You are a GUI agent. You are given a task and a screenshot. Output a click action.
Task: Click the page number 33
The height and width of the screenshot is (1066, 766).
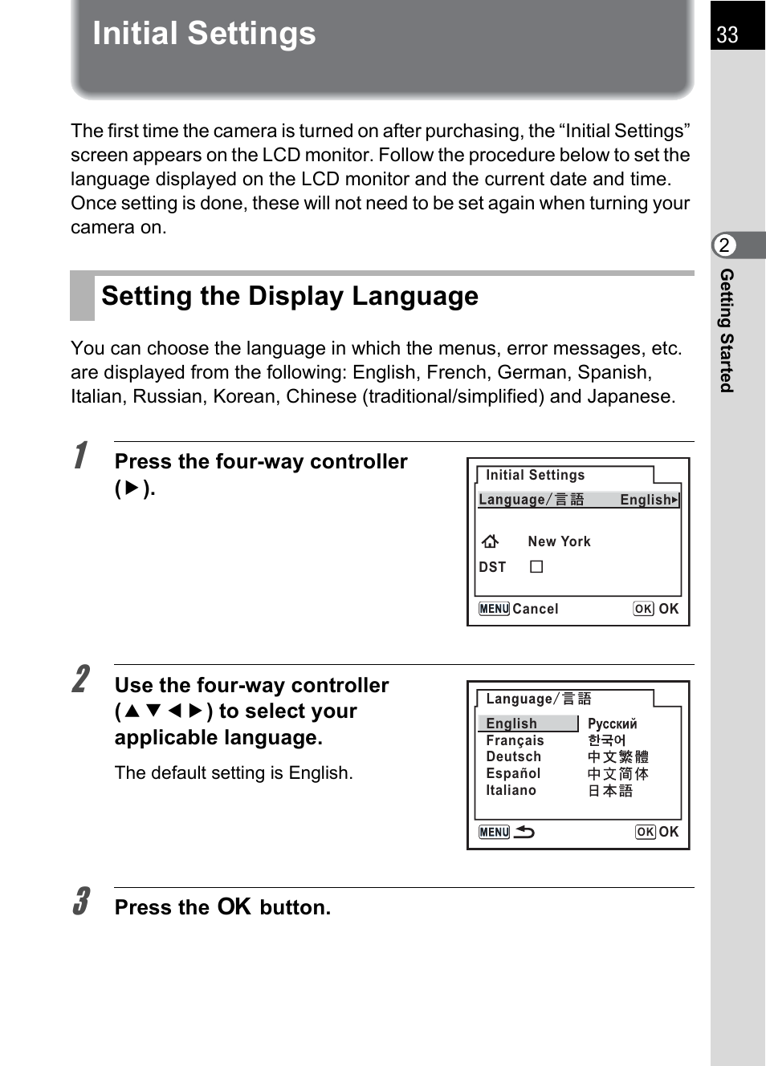pos(727,34)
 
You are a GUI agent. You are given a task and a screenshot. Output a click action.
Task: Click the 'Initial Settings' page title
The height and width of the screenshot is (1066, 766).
pos(204,34)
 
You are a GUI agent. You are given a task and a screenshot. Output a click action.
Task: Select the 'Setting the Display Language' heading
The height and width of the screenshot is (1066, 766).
pos(290,296)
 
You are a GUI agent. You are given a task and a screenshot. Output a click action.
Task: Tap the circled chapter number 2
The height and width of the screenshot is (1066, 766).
pos(724,245)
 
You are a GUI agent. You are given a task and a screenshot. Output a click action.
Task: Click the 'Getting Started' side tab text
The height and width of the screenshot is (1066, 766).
pos(727,330)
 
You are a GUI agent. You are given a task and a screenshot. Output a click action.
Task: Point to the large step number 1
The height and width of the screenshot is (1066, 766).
pos(81,455)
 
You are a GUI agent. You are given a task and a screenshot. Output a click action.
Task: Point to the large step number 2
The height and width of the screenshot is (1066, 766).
pos(81,679)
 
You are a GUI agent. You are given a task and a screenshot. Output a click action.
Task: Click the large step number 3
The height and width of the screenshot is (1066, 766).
pos(81,901)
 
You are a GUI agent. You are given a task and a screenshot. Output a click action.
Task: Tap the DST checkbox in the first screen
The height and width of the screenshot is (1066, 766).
pos(536,567)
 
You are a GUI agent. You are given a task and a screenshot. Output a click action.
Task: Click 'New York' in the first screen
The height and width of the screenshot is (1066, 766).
pos(559,541)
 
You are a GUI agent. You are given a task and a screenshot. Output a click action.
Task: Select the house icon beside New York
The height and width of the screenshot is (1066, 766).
pos(490,541)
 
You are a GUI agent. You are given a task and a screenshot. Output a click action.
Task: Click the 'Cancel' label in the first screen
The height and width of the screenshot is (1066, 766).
pos(535,609)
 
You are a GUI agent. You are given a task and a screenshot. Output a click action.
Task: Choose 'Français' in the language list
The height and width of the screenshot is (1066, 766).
pos(515,740)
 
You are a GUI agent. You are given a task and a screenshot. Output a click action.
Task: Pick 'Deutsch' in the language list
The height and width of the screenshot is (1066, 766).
pos(513,756)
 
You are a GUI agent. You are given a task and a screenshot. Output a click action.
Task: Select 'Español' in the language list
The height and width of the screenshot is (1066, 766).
pos(513,773)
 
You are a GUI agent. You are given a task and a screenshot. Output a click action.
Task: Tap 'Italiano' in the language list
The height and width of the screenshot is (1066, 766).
pos(511,790)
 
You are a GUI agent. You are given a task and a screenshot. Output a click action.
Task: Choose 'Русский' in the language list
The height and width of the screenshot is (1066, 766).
pos(612,724)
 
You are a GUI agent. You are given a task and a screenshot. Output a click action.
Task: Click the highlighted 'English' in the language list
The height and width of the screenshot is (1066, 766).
pos(511,724)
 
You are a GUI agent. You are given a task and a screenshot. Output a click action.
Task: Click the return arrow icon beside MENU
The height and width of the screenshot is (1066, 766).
pos(524,832)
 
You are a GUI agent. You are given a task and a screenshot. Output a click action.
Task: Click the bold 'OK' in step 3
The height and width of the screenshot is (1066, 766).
pos(234,906)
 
